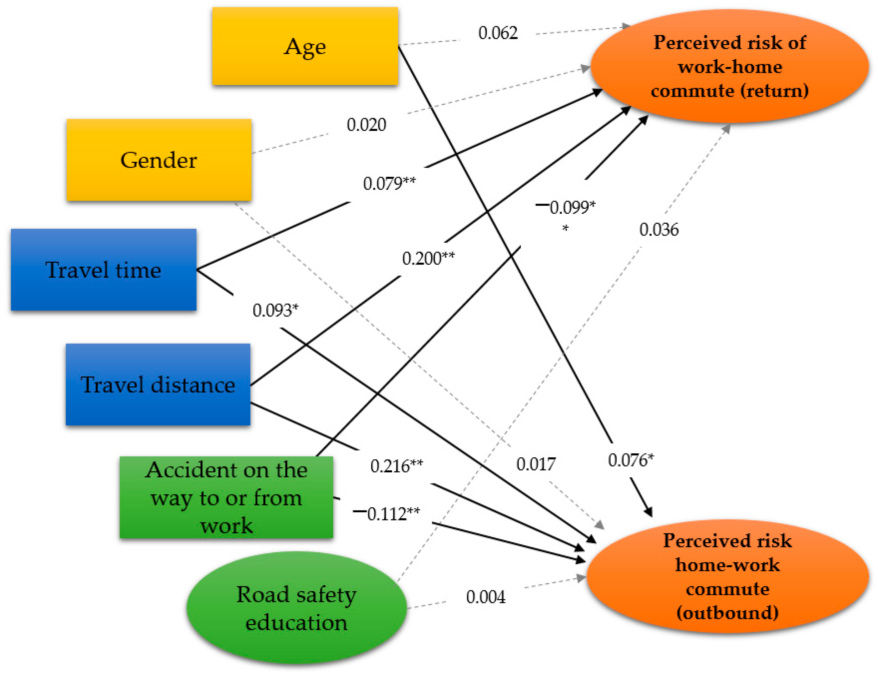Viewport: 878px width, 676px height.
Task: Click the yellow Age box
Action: (x=305, y=46)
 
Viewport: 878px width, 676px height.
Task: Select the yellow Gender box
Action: (x=159, y=160)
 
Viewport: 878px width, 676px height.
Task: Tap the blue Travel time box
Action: (x=103, y=270)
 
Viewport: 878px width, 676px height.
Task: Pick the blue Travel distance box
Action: (x=158, y=385)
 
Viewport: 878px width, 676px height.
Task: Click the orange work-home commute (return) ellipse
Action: (x=729, y=66)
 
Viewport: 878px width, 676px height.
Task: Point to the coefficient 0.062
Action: (x=498, y=33)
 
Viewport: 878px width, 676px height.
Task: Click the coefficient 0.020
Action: (x=366, y=125)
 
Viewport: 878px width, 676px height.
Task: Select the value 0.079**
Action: (x=389, y=183)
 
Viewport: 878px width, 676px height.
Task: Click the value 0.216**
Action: (x=396, y=466)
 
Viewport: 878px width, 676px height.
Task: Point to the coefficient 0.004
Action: (x=486, y=597)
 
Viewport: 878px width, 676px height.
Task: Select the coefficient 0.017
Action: (x=535, y=464)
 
